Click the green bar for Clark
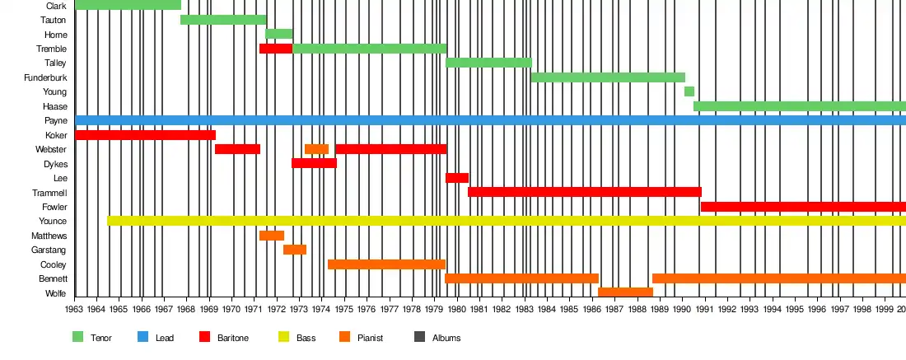[x=128, y=5]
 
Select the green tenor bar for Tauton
[x=223, y=20]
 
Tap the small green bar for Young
[x=689, y=91]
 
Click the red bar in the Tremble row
[x=276, y=49]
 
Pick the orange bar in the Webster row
[x=316, y=149]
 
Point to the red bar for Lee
[x=457, y=178]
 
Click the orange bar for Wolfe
[x=625, y=292]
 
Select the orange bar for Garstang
[x=295, y=250]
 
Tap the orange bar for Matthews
[x=272, y=236]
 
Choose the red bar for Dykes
[x=314, y=163]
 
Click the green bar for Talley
[x=488, y=63]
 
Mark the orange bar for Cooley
[x=386, y=264]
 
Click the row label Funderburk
[x=46, y=77]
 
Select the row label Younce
[x=53, y=222]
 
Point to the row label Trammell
[x=49, y=193]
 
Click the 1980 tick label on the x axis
[x=457, y=310]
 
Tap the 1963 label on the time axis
[x=75, y=310]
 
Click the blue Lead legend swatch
[x=143, y=337]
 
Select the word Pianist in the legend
[x=370, y=338]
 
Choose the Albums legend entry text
[x=446, y=338]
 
